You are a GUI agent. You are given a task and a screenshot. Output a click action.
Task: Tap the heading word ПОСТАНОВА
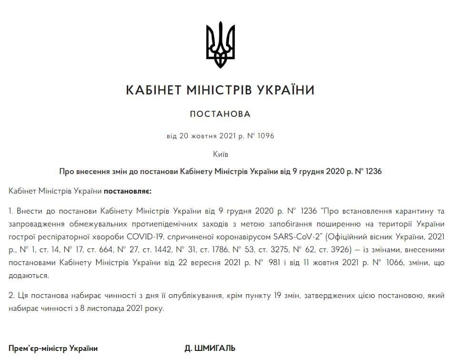point(220,114)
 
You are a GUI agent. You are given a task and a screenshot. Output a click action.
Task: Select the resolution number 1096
point(266,136)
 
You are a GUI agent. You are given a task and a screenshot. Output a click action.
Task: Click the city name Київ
point(220,154)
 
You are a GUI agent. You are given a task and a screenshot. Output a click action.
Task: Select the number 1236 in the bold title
point(373,171)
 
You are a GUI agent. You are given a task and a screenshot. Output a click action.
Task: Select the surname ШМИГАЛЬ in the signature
point(215,349)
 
